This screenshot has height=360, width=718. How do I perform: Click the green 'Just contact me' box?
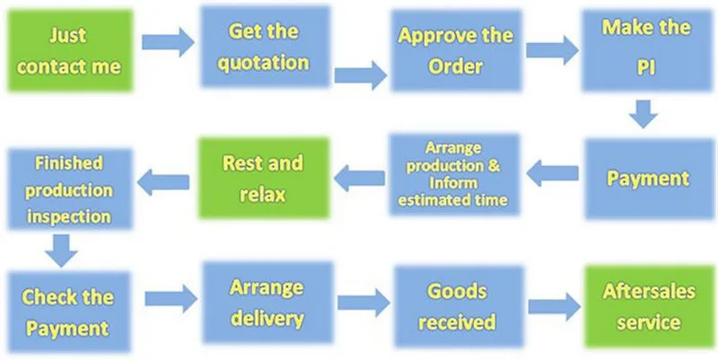click(70, 50)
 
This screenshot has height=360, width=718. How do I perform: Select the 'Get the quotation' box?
click(265, 47)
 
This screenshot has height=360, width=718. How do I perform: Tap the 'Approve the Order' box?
click(456, 50)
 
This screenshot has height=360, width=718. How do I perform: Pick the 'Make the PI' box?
click(646, 50)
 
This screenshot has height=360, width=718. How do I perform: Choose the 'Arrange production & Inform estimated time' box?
click(454, 174)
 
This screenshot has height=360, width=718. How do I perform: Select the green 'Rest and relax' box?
click(263, 178)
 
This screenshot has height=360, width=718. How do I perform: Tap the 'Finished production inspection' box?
click(70, 189)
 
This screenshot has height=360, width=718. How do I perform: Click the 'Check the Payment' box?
click(68, 312)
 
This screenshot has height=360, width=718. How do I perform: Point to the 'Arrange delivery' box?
click(267, 303)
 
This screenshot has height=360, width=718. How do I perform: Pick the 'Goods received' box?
click(459, 306)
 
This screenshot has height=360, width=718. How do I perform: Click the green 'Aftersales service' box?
click(649, 306)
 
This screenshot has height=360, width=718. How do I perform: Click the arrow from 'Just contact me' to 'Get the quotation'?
click(168, 42)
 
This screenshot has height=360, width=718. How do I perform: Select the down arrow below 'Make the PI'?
click(643, 114)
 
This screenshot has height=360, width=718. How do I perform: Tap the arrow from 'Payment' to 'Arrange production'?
click(552, 173)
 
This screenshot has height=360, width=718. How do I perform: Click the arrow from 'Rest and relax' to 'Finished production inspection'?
click(163, 182)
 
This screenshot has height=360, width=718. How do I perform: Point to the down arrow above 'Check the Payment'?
click(62, 250)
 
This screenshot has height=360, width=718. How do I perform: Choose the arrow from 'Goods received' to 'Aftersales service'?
click(554, 307)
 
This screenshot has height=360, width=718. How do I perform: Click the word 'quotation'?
click(263, 63)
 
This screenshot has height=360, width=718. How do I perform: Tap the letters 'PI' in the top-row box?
click(646, 68)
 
